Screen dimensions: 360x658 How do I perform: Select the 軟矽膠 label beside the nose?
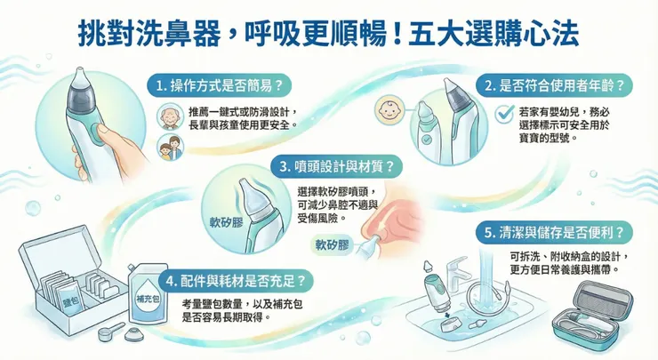333,243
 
